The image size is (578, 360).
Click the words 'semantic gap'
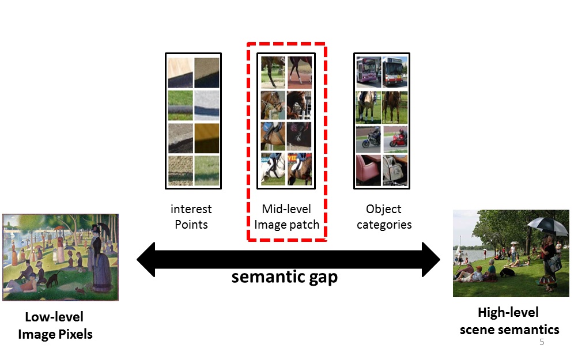pos(284,277)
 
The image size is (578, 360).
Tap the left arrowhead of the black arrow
pos(146,260)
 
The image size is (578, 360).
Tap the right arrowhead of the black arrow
pos(431,260)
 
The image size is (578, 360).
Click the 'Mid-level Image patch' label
pos(286,217)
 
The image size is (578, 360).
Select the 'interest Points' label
pos(191,217)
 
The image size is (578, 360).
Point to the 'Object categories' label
pos(384,217)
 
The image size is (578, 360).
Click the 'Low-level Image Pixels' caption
pos(55,325)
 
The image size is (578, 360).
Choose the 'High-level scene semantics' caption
pos(509,321)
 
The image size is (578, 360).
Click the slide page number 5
pos(542,342)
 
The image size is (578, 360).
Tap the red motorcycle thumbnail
pos(395,139)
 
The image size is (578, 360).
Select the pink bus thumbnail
pos(368,72)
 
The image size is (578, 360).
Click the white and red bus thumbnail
pos(395,72)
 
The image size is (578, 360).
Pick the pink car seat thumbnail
pos(368,170)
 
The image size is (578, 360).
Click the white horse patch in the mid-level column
pos(273,169)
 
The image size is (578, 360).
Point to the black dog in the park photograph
pos(507,272)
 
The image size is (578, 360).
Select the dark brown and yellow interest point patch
pos(207,138)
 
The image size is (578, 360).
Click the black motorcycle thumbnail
pos(368,139)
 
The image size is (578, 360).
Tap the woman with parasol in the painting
pos(100,258)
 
